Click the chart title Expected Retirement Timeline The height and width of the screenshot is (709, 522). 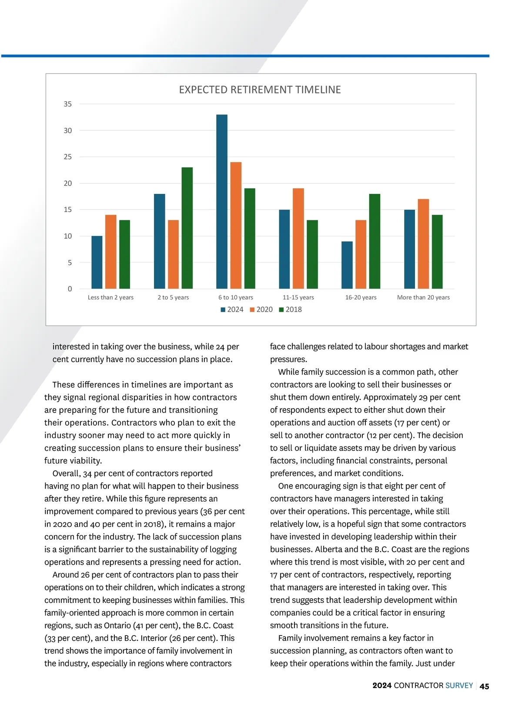[260, 90]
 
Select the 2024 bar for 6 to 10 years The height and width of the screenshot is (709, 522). [222, 202]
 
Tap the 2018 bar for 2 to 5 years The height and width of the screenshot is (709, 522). [187, 228]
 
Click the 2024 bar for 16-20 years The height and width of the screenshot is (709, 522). [347, 265]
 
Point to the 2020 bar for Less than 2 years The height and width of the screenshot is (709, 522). [110, 252]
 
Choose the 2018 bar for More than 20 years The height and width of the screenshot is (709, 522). [437, 252]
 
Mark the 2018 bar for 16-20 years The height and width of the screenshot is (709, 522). [375, 241]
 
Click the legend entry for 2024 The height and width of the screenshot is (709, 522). [232, 310]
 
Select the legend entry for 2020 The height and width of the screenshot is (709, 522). [261, 310]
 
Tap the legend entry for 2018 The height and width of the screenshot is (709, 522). [291, 310]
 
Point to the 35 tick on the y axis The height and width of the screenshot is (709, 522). [68, 104]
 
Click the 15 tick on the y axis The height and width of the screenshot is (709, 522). [68, 210]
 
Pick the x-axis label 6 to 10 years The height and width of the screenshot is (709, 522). [236, 297]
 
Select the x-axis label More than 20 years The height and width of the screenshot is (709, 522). [423, 297]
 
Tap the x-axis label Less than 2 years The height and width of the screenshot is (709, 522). [110, 297]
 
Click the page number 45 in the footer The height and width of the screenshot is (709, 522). [484, 686]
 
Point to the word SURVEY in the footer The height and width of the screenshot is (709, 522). [459, 686]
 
